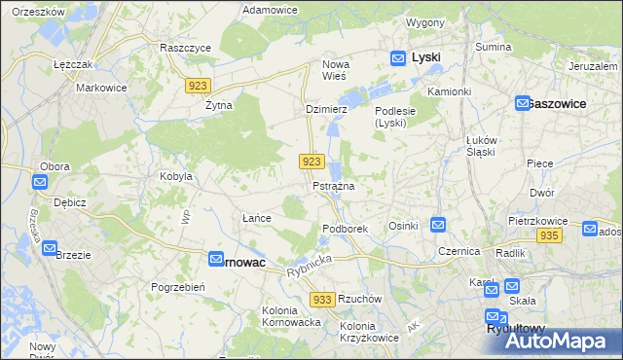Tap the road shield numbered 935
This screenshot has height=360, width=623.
[548, 236]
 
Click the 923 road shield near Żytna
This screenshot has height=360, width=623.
[196, 86]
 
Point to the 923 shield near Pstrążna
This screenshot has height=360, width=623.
[311, 161]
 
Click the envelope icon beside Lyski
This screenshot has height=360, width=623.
[398, 58]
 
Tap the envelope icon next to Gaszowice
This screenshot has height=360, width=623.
[522, 102]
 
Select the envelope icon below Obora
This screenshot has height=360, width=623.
[39, 182]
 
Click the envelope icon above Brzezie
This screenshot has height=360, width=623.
[50, 249]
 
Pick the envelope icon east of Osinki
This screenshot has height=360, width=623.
[438, 225]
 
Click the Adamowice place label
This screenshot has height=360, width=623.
[270, 9]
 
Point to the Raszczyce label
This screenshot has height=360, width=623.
[186, 47]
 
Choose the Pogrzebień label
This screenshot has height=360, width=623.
[176, 287]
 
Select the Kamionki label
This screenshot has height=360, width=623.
[449, 90]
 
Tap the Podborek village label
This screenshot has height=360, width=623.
[345, 228]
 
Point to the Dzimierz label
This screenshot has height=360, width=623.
[326, 110]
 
